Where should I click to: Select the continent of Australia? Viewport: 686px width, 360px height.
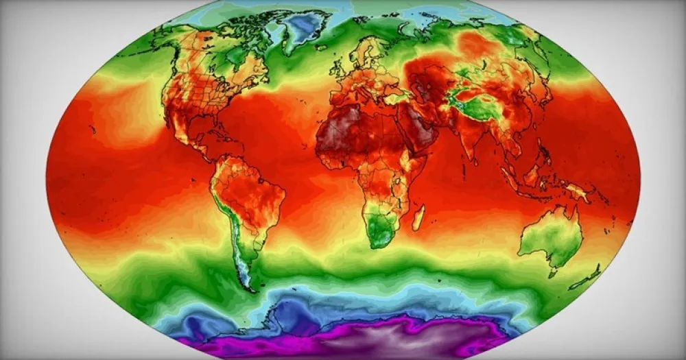tap(549, 237)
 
